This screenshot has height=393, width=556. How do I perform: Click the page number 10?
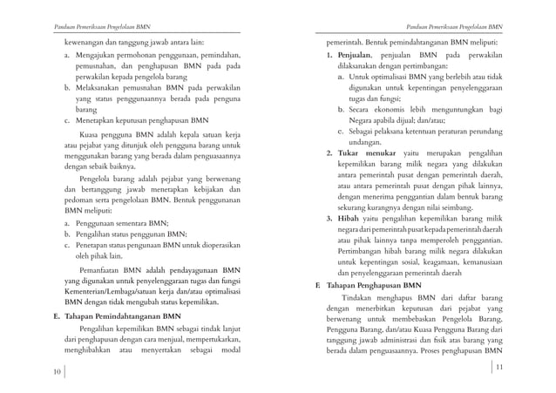[x=56, y=372]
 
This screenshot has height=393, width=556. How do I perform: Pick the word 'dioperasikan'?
[x=214, y=246]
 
